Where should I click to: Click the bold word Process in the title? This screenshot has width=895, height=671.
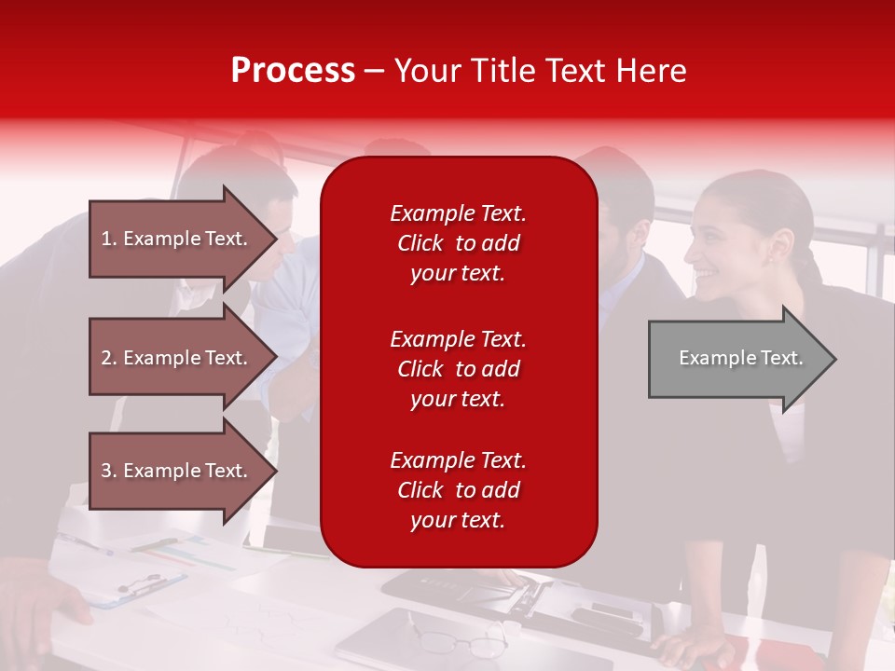[293, 70]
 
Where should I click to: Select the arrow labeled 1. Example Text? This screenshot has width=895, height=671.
[177, 239]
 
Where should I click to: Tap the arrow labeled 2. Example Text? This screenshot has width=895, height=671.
[177, 358]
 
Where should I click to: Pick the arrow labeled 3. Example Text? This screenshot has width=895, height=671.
[177, 471]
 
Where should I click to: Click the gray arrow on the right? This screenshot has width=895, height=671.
[737, 359]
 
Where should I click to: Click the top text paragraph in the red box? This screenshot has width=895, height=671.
[458, 243]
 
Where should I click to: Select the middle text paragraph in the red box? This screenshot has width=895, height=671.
[458, 369]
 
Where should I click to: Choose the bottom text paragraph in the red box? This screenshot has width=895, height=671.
[458, 490]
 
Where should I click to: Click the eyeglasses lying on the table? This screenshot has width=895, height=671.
[461, 641]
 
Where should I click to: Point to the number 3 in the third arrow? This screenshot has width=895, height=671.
[106, 471]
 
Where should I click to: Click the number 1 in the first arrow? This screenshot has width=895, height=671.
[106, 239]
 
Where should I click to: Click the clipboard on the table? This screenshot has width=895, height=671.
[140, 587]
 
